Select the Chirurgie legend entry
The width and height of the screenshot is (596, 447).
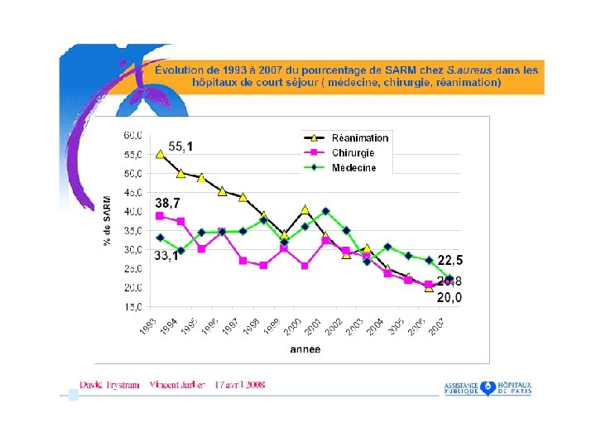353,153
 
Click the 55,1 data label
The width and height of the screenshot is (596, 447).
180,147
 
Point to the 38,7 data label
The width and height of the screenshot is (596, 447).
167,202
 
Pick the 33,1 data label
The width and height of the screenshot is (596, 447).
166,256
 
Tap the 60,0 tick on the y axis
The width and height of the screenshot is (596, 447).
133,134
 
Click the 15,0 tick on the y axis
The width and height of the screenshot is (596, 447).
133,306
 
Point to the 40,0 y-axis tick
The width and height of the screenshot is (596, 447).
133,211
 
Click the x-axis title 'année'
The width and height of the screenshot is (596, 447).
305,350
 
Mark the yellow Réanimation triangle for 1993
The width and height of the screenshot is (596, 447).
161,153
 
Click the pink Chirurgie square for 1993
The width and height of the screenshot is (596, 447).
160,215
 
